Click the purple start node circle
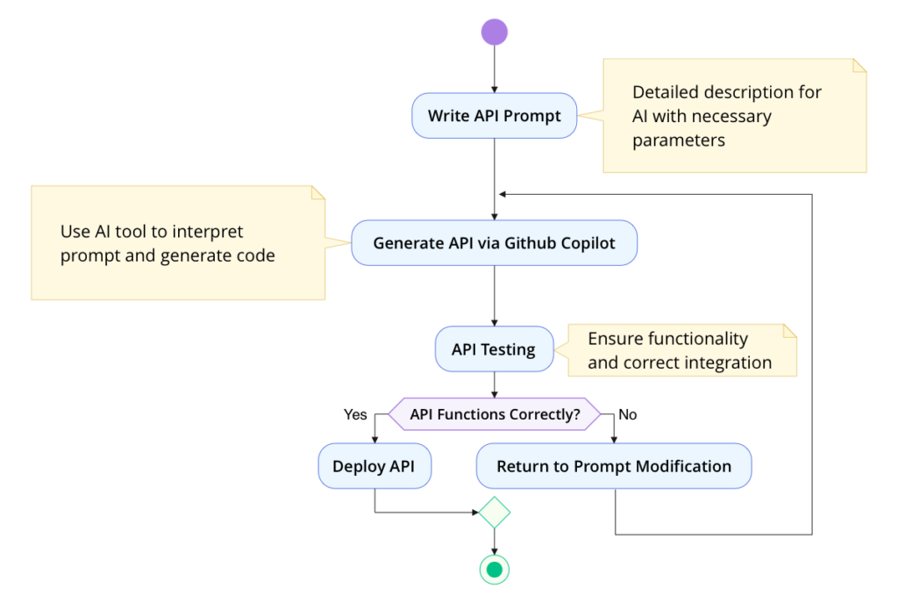pos(494,32)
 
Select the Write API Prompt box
pos(494,116)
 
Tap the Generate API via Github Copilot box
pos(494,243)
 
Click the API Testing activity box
pos(494,349)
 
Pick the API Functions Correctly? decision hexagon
pos(495,413)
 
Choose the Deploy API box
pos(374,466)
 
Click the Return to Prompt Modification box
pos(614,466)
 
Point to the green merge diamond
pos(494,512)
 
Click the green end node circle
pos(494,570)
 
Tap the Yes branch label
pos(355,414)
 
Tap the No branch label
pos(628,414)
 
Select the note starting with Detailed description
pos(734,116)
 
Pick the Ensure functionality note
pos(681,350)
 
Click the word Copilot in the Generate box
pos(585,243)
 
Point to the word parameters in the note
pos(678,140)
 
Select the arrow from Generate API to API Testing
pos(494,295)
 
